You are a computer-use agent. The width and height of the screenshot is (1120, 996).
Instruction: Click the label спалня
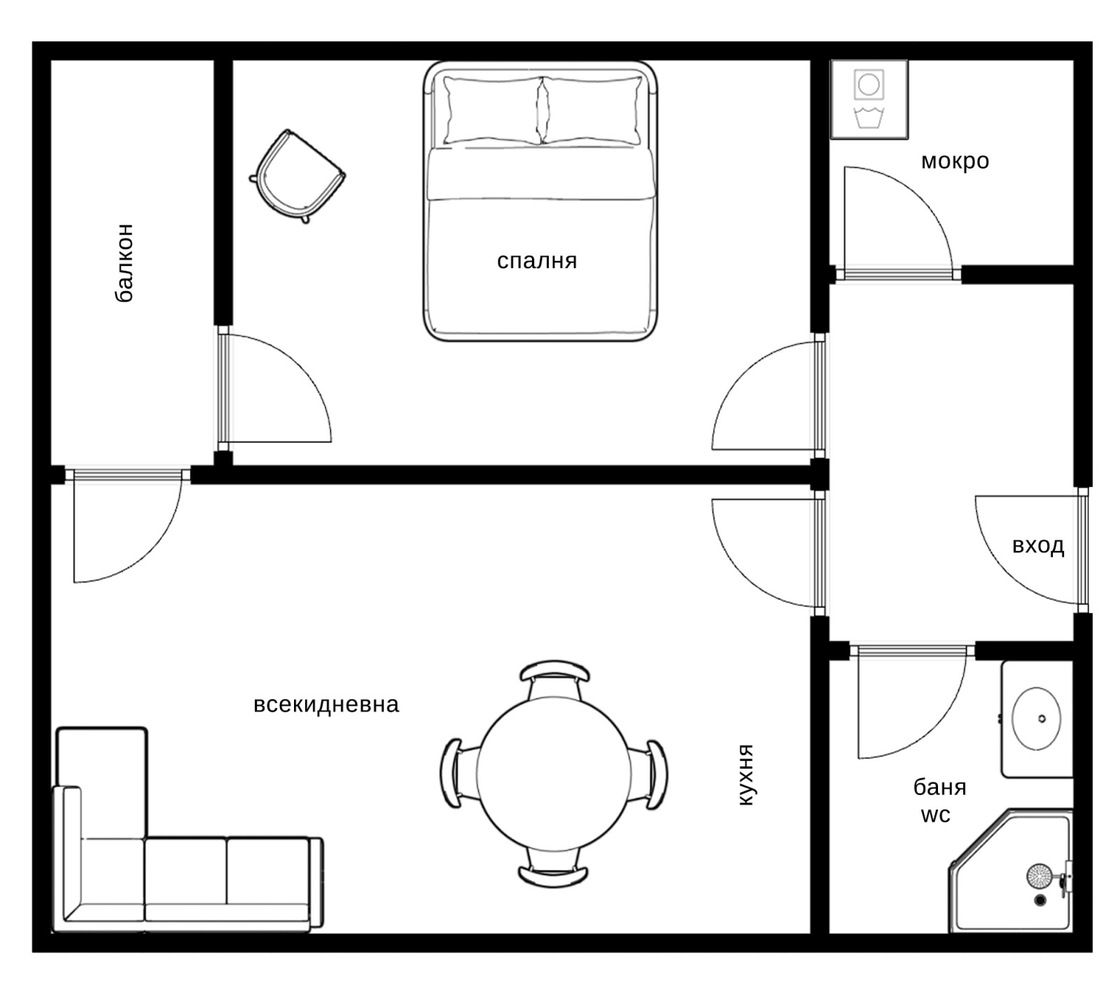[537, 262]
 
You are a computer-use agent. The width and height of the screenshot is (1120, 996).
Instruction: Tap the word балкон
[123, 262]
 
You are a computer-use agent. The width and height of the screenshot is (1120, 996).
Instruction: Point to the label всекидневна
[326, 704]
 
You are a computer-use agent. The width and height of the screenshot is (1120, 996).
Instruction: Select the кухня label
[746, 775]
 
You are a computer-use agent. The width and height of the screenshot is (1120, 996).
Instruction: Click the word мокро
[955, 162]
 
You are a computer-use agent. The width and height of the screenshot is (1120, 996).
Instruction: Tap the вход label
[1038, 545]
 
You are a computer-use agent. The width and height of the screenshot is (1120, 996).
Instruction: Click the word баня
[939, 787]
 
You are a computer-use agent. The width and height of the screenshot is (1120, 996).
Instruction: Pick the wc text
[935, 815]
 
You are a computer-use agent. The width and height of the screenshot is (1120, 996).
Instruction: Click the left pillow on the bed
[493, 111]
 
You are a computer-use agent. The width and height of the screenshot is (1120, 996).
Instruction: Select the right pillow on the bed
[592, 111]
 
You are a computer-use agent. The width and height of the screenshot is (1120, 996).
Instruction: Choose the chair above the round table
[554, 678]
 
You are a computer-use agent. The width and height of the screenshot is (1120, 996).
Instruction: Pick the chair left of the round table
[458, 774]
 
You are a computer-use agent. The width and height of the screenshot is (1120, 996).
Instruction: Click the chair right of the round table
[651, 774]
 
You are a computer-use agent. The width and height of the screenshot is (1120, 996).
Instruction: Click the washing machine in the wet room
[869, 99]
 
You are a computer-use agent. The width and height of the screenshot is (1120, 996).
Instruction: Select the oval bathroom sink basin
[1037, 719]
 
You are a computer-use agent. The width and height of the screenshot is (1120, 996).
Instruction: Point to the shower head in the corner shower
[1039, 875]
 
